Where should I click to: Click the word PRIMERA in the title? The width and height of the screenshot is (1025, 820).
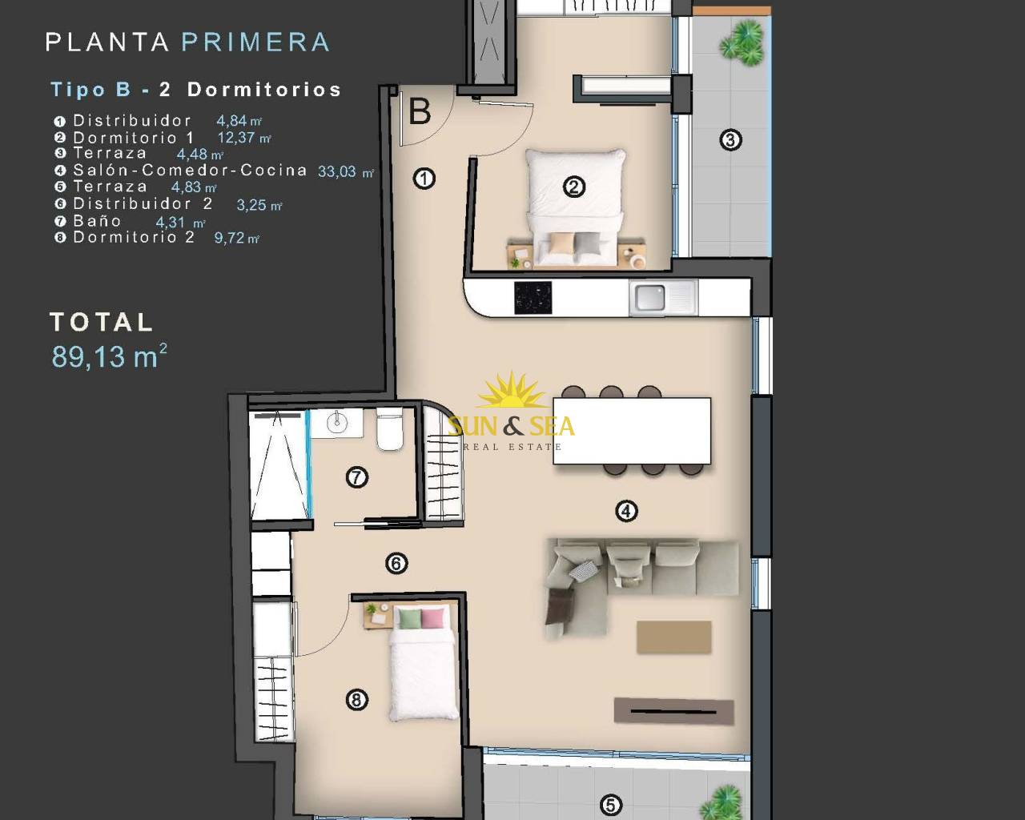pyautogui.click(x=255, y=42)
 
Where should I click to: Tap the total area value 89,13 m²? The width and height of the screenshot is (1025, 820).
pyautogui.click(x=109, y=356)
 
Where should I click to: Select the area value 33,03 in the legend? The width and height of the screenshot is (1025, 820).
pyautogui.click(x=337, y=171)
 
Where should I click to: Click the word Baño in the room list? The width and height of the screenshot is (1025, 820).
pyautogui.click(x=97, y=221)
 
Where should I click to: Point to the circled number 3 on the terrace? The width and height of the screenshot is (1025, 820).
pyautogui.click(x=730, y=140)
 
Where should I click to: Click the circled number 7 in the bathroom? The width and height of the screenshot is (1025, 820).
pyautogui.click(x=357, y=477)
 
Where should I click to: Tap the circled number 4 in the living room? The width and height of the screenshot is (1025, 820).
pyautogui.click(x=626, y=511)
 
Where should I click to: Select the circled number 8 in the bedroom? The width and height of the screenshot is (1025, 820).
pyautogui.click(x=357, y=700)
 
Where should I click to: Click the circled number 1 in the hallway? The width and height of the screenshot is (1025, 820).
pyautogui.click(x=424, y=179)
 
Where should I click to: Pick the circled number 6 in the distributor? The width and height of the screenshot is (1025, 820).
pyautogui.click(x=396, y=564)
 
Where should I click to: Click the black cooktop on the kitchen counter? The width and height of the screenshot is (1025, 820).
pyautogui.click(x=533, y=298)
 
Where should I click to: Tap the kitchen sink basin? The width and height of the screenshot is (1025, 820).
pyautogui.click(x=649, y=297)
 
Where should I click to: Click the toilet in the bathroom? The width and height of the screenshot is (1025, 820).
pyautogui.click(x=390, y=428)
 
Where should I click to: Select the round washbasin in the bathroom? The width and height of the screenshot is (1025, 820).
pyautogui.click(x=337, y=421)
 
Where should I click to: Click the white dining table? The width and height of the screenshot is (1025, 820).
pyautogui.click(x=632, y=431)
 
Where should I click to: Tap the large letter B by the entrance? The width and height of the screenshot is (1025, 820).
pyautogui.click(x=420, y=112)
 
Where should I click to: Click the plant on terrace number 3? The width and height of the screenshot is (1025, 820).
pyautogui.click(x=742, y=44)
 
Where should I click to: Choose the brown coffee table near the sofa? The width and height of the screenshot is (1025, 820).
pyautogui.click(x=673, y=637)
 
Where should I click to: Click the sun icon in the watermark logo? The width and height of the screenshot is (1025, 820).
pyautogui.click(x=512, y=391)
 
